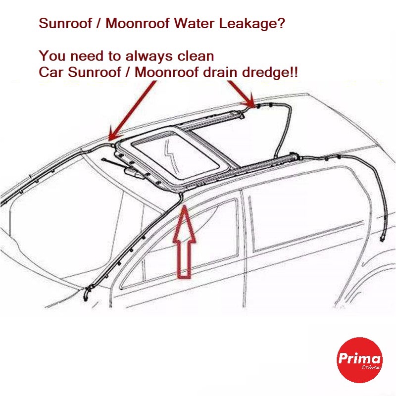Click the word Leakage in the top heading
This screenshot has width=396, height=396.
pyautogui.click(x=251, y=23)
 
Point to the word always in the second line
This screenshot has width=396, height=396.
pyautogui.click(x=149, y=56)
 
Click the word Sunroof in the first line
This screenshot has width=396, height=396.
pyautogui.click(x=65, y=23)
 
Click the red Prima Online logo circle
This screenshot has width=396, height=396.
pyautogui.click(x=359, y=360)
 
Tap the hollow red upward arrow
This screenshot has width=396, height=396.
pyautogui.click(x=184, y=242)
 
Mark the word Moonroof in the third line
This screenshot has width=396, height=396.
pyautogui.click(x=167, y=72)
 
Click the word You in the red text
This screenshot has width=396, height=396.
pyautogui.click(x=52, y=56)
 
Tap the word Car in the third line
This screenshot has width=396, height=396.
pyautogui.click(x=51, y=72)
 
